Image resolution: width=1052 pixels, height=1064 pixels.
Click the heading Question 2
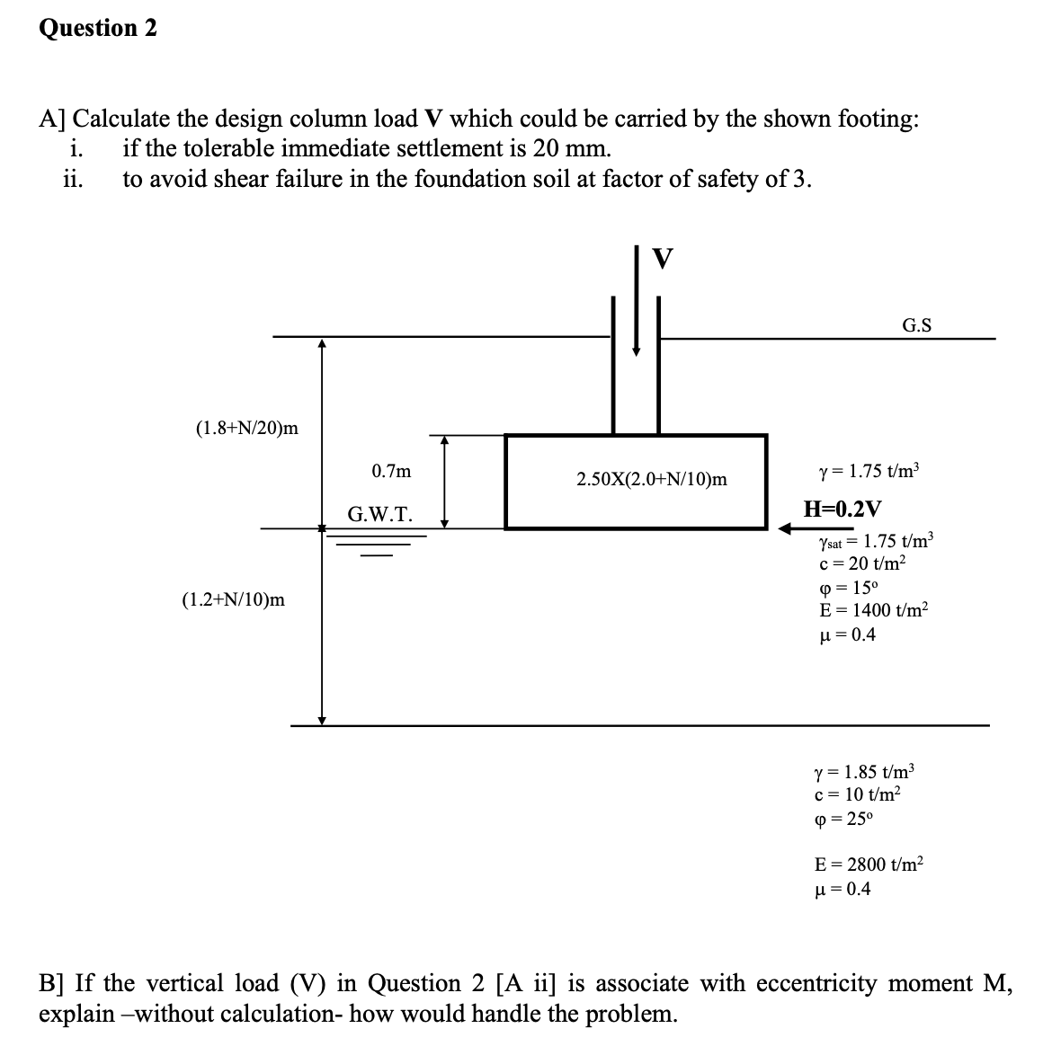pos(98,28)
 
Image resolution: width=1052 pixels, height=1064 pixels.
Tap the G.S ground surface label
pos(916,325)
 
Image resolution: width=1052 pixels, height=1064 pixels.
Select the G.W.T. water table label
pos(380,515)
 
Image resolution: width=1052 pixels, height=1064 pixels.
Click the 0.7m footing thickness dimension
pos(391,470)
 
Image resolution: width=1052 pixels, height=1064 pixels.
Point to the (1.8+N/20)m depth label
pos(246,429)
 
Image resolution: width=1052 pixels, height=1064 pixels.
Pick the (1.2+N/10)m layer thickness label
pos(233,598)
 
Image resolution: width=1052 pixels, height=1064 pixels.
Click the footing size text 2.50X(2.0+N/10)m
pos(652,480)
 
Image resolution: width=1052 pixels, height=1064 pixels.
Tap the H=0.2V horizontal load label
pos(842,508)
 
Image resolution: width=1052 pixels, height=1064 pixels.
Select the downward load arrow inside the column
pos(637,324)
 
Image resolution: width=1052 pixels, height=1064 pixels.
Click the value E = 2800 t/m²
pos(868,864)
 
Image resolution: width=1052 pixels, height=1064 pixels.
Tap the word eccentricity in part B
pos(818,983)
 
